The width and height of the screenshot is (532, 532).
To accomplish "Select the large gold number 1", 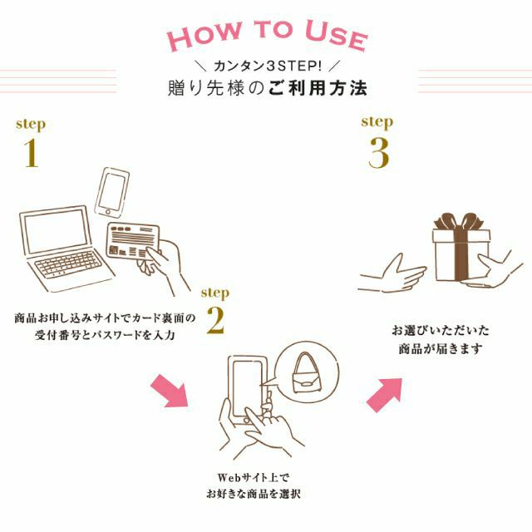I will pos(31,153).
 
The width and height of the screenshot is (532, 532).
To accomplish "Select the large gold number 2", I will pos(215,321).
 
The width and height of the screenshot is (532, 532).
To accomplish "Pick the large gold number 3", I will pos(378,153).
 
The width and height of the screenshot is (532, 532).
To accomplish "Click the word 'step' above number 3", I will pos(377,121).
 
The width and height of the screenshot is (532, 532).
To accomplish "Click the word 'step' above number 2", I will pos(215,293).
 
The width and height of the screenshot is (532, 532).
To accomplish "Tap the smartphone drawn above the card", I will pos(115,192).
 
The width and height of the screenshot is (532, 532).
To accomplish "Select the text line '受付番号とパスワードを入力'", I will pos(107,334).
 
